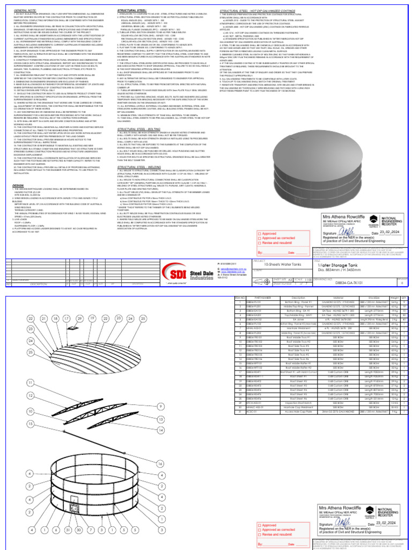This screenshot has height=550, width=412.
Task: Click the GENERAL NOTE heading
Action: click(x=21, y=10)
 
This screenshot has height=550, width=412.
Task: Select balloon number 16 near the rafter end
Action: click(x=160, y=462)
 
